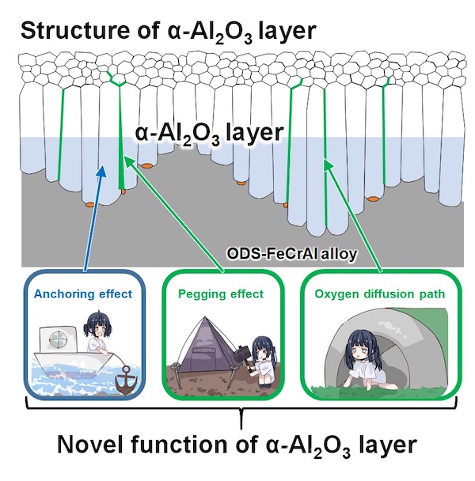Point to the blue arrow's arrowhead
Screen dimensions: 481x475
[x=102, y=169]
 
